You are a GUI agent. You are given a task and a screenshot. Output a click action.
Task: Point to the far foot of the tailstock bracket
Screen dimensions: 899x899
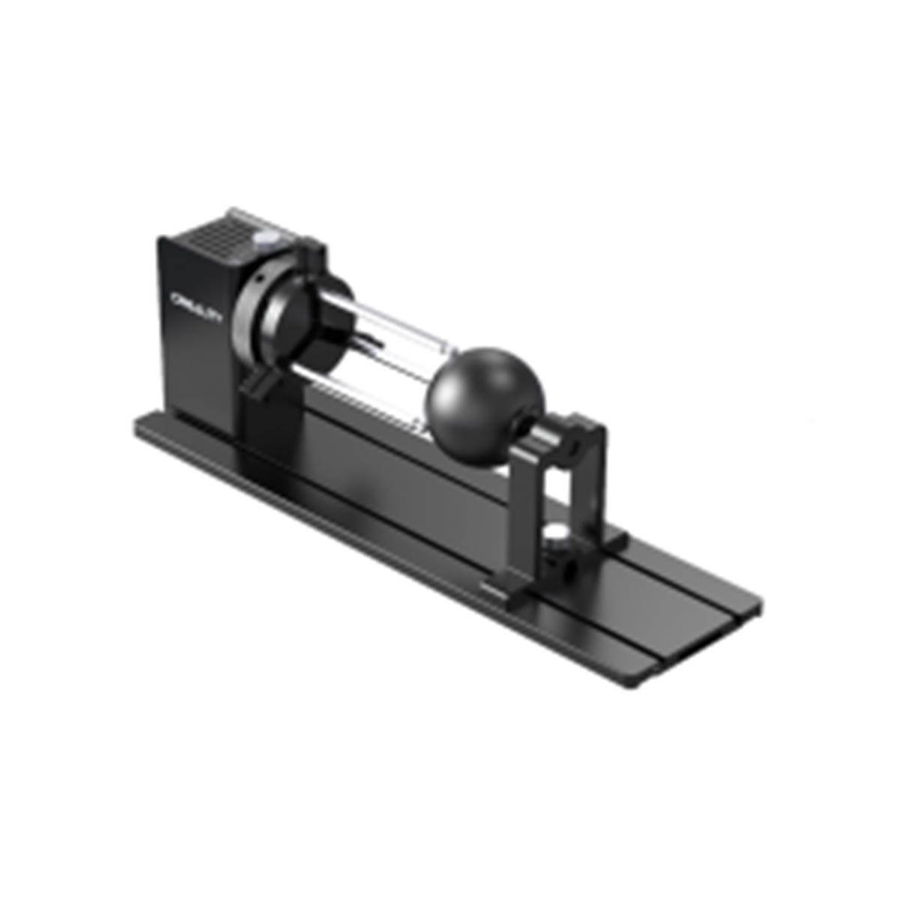click(x=611, y=536)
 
